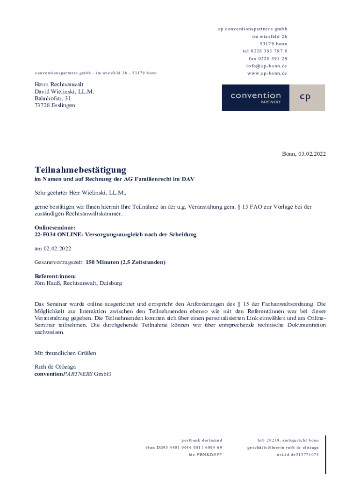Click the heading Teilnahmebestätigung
tap(80, 170)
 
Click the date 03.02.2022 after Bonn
tap(312, 154)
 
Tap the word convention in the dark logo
tap(255, 95)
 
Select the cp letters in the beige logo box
tap(305, 97)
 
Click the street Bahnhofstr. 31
tap(53, 98)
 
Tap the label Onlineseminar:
tap(55, 228)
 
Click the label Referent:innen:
tap(55, 276)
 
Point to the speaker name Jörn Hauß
tap(47, 283)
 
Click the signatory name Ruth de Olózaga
tap(55, 367)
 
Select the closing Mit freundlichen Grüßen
tap(65, 353)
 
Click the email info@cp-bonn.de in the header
tap(267, 66)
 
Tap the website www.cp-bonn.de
tap(267, 73)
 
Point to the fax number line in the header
tap(268, 58)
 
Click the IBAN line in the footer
tap(184, 448)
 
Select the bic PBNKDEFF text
tap(205, 455)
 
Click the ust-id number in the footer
tap(297, 455)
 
